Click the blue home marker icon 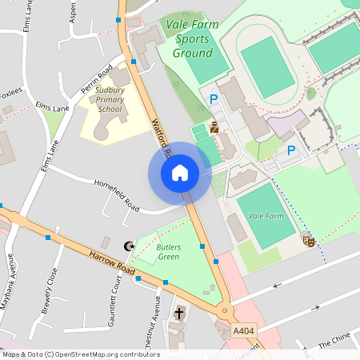coord(179,173)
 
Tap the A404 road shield coord(243,330)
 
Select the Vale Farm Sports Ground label coord(192,39)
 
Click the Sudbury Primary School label coord(109,100)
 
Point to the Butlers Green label coord(168,252)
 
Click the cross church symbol coord(179,313)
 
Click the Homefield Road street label coord(117,196)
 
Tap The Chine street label coord(334,342)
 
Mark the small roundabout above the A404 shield coord(225,310)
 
